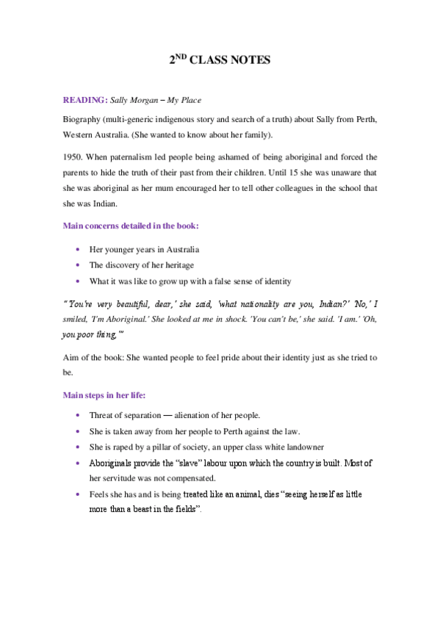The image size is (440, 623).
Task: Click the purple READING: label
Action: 85,99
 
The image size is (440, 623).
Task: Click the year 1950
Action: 75,157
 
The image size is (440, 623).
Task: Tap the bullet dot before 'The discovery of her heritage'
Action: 78,265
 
